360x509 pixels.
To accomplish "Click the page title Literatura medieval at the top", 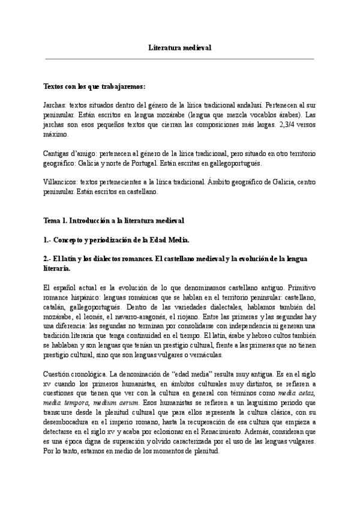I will pos(180,47).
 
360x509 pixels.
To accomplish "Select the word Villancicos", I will pos(61,182).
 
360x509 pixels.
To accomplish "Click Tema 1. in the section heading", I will pos(55,221).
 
